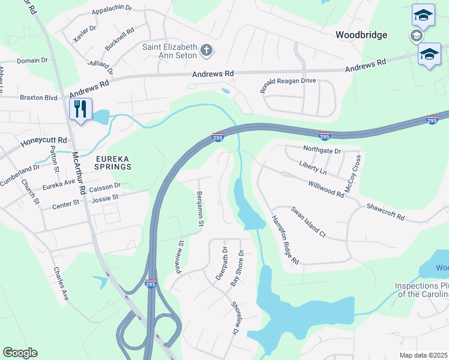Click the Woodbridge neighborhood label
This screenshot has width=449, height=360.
(361, 35)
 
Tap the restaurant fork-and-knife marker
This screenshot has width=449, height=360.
(80, 109)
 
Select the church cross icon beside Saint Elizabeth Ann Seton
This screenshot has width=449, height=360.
(206, 50)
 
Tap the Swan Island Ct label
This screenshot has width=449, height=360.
(308, 222)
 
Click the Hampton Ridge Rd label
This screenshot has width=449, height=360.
(285, 240)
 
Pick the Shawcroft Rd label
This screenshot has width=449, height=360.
(385, 212)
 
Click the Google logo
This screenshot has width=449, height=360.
(20, 353)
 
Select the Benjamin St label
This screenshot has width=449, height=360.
(199, 209)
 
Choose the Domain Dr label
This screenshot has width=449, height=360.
(32, 61)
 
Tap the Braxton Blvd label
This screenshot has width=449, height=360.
(38, 97)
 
